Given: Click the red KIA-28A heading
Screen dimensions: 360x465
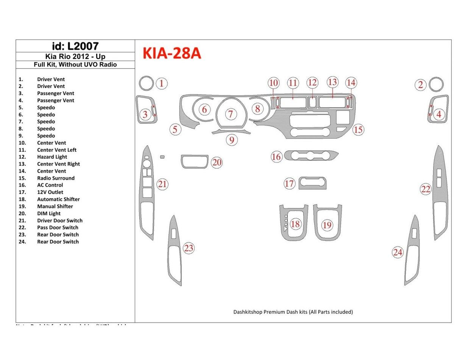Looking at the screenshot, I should (x=172, y=54).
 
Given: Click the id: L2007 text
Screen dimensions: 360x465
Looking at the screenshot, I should (x=75, y=46).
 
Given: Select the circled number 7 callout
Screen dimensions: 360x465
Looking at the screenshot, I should (x=231, y=114).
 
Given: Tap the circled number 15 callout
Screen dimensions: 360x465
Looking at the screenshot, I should (x=358, y=130).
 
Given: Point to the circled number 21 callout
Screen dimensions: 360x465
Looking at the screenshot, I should (x=162, y=185).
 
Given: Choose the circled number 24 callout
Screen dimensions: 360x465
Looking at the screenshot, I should (x=398, y=252).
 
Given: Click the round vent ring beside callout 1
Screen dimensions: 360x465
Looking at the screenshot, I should (x=146, y=83).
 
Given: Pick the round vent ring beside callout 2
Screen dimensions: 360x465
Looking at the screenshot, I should (x=437, y=84).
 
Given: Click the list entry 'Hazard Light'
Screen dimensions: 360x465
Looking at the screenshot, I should (x=52, y=157).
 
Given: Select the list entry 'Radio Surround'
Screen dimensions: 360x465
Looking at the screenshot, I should (x=56, y=178).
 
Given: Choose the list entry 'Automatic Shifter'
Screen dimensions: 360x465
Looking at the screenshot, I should (x=58, y=199).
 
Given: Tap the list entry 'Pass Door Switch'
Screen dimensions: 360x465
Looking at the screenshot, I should (x=58, y=227).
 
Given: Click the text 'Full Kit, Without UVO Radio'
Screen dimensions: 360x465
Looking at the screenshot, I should (x=75, y=64).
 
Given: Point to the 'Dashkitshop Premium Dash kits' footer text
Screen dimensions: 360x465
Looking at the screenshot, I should (x=293, y=312).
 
